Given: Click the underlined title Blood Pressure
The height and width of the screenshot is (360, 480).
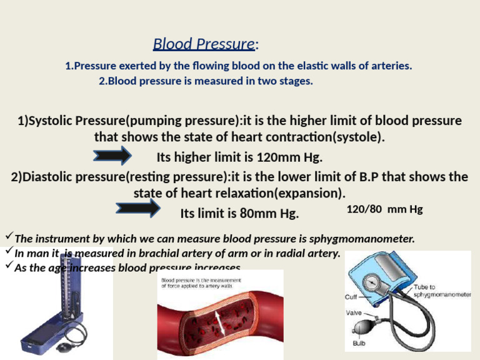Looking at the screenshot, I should pyautogui.click(x=204, y=44).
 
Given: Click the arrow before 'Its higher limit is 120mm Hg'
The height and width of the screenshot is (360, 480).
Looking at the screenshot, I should pyautogui.click(x=112, y=154).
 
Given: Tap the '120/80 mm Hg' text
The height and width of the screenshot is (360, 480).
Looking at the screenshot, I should pyautogui.click(x=384, y=209).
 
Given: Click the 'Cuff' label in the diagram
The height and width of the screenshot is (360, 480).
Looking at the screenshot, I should pyautogui.click(x=352, y=297).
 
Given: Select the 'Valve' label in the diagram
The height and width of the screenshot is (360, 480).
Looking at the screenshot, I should pyautogui.click(x=353, y=312).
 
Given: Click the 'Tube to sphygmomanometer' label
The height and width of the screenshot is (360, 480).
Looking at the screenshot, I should pyautogui.click(x=441, y=290).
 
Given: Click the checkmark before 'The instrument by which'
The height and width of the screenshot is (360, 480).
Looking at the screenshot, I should pyautogui.click(x=8, y=237).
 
